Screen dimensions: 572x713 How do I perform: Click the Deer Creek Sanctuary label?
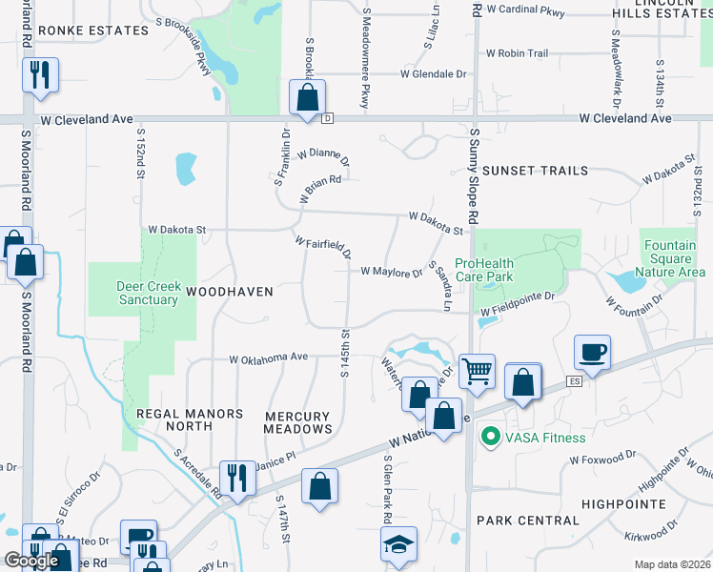pos(148,293)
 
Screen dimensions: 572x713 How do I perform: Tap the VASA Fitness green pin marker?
pos(490,438)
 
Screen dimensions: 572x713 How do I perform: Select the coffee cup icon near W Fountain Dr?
pos(592,353)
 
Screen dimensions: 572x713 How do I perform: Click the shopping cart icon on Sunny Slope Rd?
pos(477,370)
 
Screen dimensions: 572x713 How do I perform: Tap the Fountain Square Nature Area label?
pos(675,258)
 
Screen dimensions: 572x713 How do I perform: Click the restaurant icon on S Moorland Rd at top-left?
pos(40,74)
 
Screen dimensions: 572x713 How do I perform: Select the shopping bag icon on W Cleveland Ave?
pos(307,97)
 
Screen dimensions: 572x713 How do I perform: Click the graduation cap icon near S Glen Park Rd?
pos(398,544)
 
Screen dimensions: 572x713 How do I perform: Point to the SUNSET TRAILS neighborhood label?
pos(535,171)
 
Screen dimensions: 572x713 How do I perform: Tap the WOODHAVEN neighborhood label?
pos(229,291)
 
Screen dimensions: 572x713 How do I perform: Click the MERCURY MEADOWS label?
pos(296,423)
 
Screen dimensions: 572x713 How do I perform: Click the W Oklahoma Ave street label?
pos(268,358)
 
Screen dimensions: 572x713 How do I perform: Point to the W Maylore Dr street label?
pos(391,272)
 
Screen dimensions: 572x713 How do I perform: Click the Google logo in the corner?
pos(31,561)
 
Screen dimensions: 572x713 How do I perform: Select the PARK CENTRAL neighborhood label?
pos(527,521)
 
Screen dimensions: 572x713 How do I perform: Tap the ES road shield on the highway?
pos(574,381)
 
